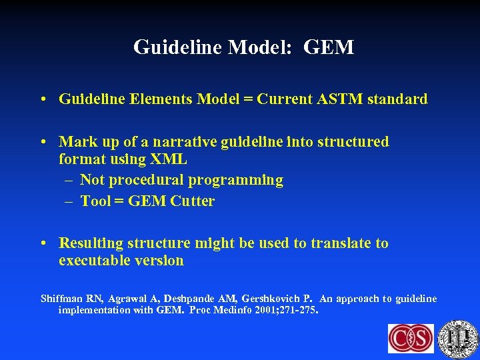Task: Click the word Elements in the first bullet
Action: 161,99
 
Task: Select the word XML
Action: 169,159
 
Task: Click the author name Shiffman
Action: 62,299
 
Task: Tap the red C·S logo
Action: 411,339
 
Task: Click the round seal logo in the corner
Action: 458,338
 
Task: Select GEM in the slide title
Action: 329,47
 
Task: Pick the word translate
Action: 341,243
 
